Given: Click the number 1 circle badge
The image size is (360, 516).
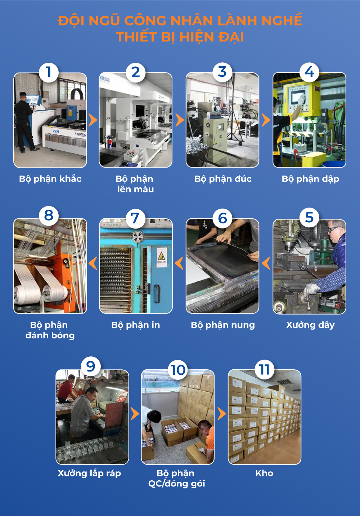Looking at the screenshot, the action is coord(48,72).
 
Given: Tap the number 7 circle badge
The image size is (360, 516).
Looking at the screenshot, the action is coord(135,218).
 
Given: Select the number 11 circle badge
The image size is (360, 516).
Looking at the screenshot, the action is coord(265,369).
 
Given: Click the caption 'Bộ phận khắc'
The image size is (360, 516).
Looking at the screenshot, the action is coord(50,179).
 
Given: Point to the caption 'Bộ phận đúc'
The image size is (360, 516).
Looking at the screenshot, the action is coord(223,179).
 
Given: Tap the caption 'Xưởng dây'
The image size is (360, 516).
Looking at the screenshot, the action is coord(310,325).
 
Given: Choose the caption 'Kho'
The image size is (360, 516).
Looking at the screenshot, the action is coord(264,473).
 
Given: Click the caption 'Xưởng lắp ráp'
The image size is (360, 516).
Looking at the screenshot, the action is coord(89,473).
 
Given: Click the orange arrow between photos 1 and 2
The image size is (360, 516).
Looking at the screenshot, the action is coord(93,120).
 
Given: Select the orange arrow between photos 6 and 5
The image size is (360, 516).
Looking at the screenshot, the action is coord(266,263).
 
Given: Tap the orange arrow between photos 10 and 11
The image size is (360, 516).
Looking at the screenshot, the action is coord(222,414).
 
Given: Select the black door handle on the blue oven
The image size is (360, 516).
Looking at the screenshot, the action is coord(157,294).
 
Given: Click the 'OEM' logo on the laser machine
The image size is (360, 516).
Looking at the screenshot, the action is coord(56,131).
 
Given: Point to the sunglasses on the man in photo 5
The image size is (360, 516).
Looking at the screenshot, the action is coord(334,229).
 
